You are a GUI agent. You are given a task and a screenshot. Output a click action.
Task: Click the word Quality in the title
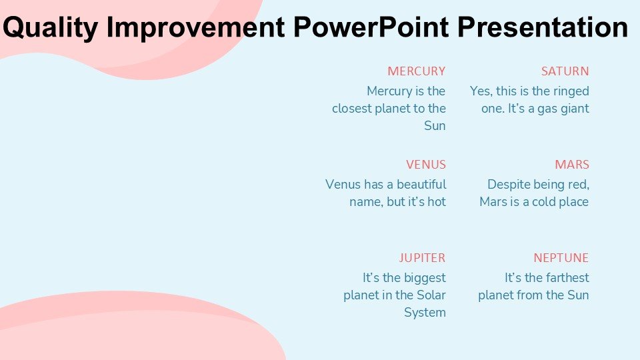click(x=50, y=28)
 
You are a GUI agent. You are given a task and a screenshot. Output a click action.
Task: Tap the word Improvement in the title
click(x=195, y=27)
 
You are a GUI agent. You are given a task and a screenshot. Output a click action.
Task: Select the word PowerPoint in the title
click(x=371, y=27)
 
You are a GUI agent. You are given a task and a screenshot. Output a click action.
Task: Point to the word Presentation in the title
click(x=543, y=27)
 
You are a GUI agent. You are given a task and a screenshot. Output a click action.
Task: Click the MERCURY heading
click(x=416, y=71)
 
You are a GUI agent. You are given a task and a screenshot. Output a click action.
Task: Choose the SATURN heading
click(x=565, y=71)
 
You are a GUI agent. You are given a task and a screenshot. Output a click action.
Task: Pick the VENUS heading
click(x=426, y=165)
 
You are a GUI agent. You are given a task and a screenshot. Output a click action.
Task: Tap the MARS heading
click(x=572, y=165)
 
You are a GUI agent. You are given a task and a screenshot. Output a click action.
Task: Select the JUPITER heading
click(x=422, y=258)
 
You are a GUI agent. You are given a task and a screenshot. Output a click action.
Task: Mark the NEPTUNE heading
click(x=561, y=258)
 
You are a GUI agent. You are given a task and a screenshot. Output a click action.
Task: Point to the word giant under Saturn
click(x=575, y=109)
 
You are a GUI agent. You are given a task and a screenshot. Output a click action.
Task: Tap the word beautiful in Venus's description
click(x=421, y=184)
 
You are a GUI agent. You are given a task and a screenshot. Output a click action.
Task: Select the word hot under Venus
click(x=436, y=201)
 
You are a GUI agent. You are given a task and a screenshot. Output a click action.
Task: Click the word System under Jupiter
click(x=425, y=313)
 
